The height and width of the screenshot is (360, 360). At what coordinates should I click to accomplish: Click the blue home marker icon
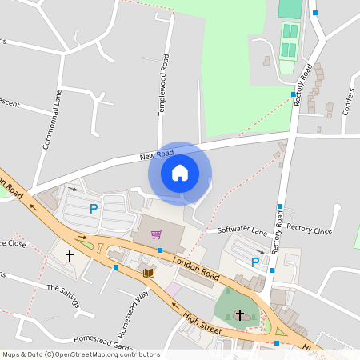180,173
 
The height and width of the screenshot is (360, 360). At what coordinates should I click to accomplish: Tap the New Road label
155,154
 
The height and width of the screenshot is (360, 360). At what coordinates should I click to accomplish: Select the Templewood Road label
163,85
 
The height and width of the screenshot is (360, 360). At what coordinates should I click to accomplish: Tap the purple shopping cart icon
156,234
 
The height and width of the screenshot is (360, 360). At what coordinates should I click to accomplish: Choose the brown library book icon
148,274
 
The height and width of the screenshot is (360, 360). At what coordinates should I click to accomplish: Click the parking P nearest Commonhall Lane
94,210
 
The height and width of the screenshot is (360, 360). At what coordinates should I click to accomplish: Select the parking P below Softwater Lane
255,262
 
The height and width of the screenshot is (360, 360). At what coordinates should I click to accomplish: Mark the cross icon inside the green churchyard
239,314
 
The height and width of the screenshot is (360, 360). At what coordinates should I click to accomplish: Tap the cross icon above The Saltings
70,256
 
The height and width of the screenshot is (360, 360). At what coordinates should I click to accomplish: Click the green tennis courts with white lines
290,41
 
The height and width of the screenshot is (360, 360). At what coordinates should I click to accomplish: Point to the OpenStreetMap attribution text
81,354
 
